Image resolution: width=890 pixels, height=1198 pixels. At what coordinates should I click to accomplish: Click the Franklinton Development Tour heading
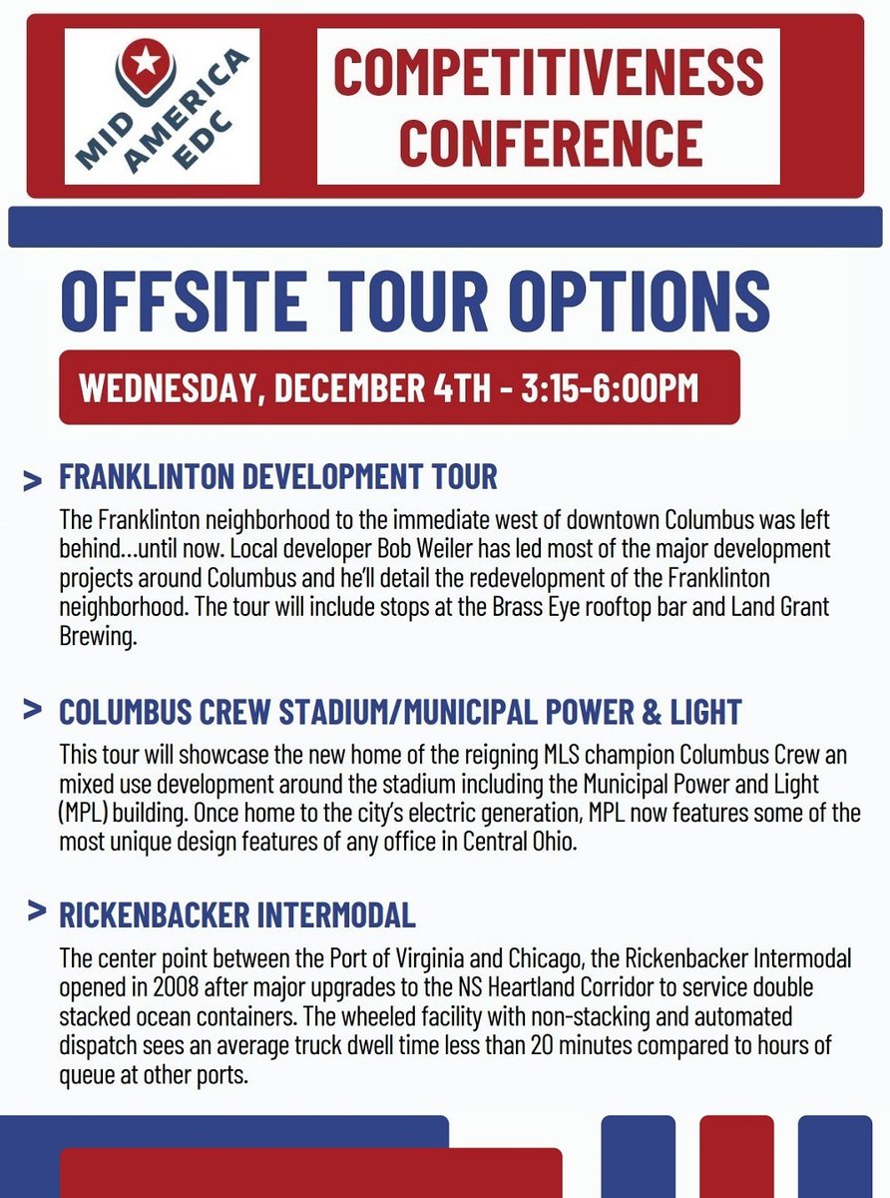coord(277,477)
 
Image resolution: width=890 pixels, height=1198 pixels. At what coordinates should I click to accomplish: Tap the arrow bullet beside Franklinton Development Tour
coord(33,480)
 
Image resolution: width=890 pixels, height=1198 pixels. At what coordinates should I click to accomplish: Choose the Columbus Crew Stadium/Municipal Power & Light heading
coord(400,712)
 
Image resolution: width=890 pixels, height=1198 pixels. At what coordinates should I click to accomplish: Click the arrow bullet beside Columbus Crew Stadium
coord(33,710)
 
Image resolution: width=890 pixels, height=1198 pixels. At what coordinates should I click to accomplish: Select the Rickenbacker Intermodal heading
coord(237,913)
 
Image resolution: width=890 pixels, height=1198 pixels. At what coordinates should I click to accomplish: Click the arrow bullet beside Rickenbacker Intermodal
coord(37,911)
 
